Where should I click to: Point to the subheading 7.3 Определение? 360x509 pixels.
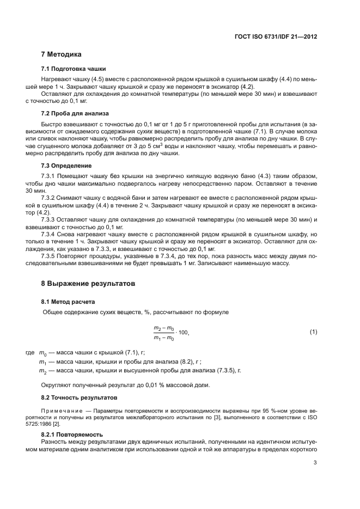coord(66,165)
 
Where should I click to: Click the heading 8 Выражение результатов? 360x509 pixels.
coord(88,284)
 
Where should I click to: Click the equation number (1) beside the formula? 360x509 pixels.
coord(313,332)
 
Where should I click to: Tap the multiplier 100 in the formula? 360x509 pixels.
coord(184,332)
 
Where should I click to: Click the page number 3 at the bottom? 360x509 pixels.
coord(315,463)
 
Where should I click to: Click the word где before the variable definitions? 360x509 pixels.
coord(30,353)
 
